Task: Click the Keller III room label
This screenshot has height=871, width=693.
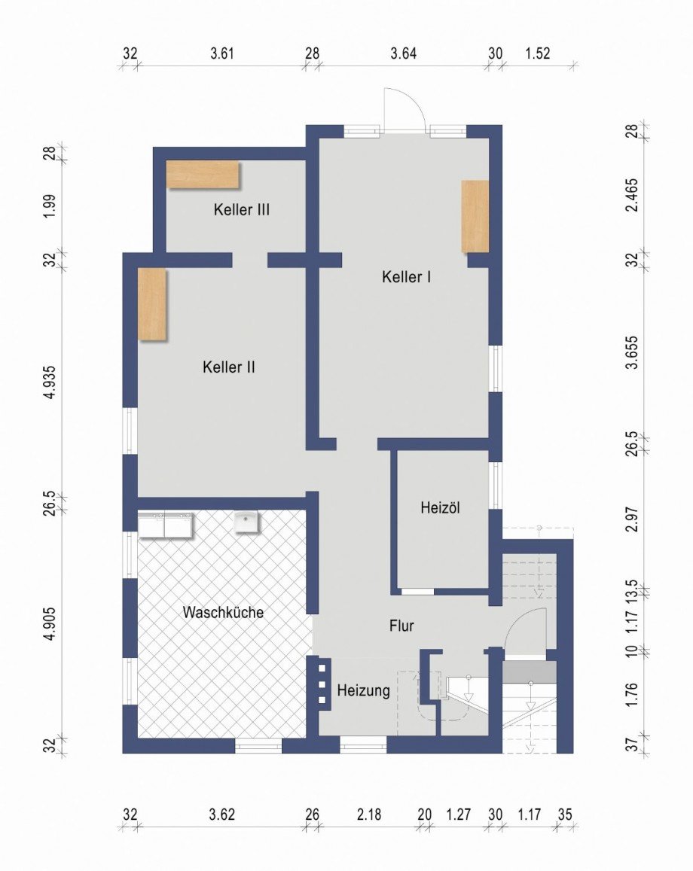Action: pos(241,210)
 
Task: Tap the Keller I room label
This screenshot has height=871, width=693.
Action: pos(406,277)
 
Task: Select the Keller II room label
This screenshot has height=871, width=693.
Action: pos(229,367)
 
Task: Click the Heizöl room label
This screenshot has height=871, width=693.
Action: pos(440,508)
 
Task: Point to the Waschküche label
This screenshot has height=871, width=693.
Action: pos(223,612)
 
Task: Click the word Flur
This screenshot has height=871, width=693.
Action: pos(401,625)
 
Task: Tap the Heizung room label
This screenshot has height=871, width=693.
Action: pos(363,690)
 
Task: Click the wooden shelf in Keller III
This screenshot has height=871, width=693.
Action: pos(203,175)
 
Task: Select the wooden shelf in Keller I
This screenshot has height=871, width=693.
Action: pos(475,216)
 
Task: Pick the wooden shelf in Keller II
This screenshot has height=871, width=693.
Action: pos(151,304)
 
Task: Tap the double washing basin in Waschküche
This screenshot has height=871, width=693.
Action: pos(165,525)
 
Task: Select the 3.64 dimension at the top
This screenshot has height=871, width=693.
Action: pos(403,53)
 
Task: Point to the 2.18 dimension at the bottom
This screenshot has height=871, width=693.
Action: pos(368,814)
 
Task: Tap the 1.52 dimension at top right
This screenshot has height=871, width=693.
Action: pos(537,53)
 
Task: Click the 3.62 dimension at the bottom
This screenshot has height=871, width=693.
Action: pos(222,814)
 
